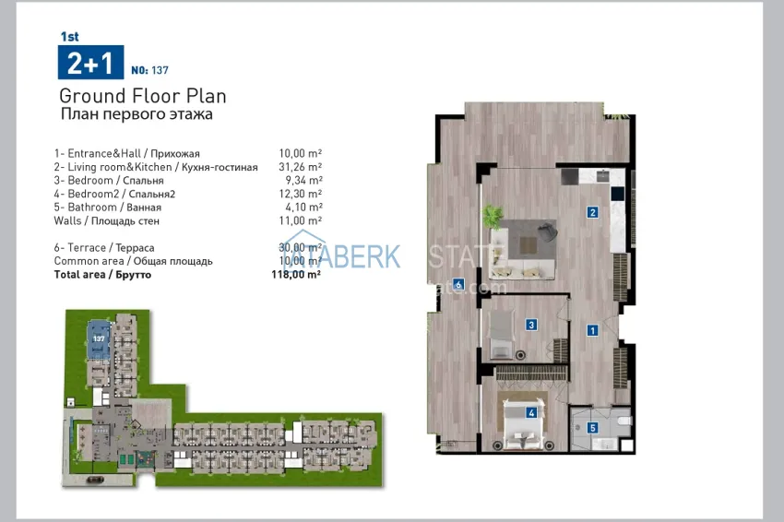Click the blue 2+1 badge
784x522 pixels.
click(x=89, y=63)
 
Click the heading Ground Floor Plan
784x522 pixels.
click(x=142, y=96)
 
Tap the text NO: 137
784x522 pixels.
click(x=150, y=70)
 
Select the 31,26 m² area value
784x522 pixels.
click(x=300, y=167)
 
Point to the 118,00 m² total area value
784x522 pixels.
click(x=296, y=275)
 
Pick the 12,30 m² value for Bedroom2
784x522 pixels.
click(x=300, y=194)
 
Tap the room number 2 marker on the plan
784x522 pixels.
click(x=592, y=213)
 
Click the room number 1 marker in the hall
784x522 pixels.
click(x=593, y=329)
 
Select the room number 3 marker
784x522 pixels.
click(x=532, y=324)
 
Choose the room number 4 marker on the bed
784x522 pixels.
click(x=532, y=413)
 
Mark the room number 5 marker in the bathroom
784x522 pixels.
click(x=593, y=427)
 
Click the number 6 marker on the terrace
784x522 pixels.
click(x=457, y=284)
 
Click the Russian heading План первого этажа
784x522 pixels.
click(x=136, y=115)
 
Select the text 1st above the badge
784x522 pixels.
click(x=68, y=38)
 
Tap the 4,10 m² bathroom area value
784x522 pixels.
click(x=303, y=208)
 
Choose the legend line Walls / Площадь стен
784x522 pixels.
click(x=106, y=221)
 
